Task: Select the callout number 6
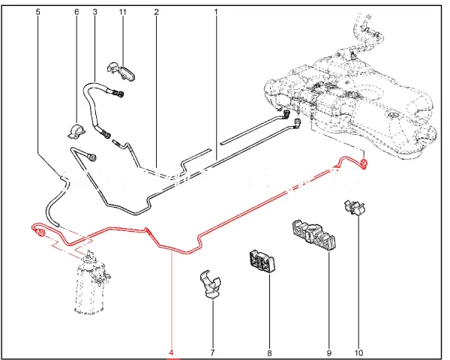[x=76, y=13]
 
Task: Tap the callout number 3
[x=94, y=13]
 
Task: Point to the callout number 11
[x=124, y=13]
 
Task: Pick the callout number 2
[x=156, y=13]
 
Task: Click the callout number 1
[x=215, y=13]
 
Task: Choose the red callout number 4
[x=172, y=352]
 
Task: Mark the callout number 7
[x=212, y=352]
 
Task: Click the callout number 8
[x=268, y=352]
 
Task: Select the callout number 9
[x=329, y=352]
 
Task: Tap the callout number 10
[x=359, y=352]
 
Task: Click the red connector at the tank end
[x=364, y=163]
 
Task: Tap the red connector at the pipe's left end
[x=37, y=235]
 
